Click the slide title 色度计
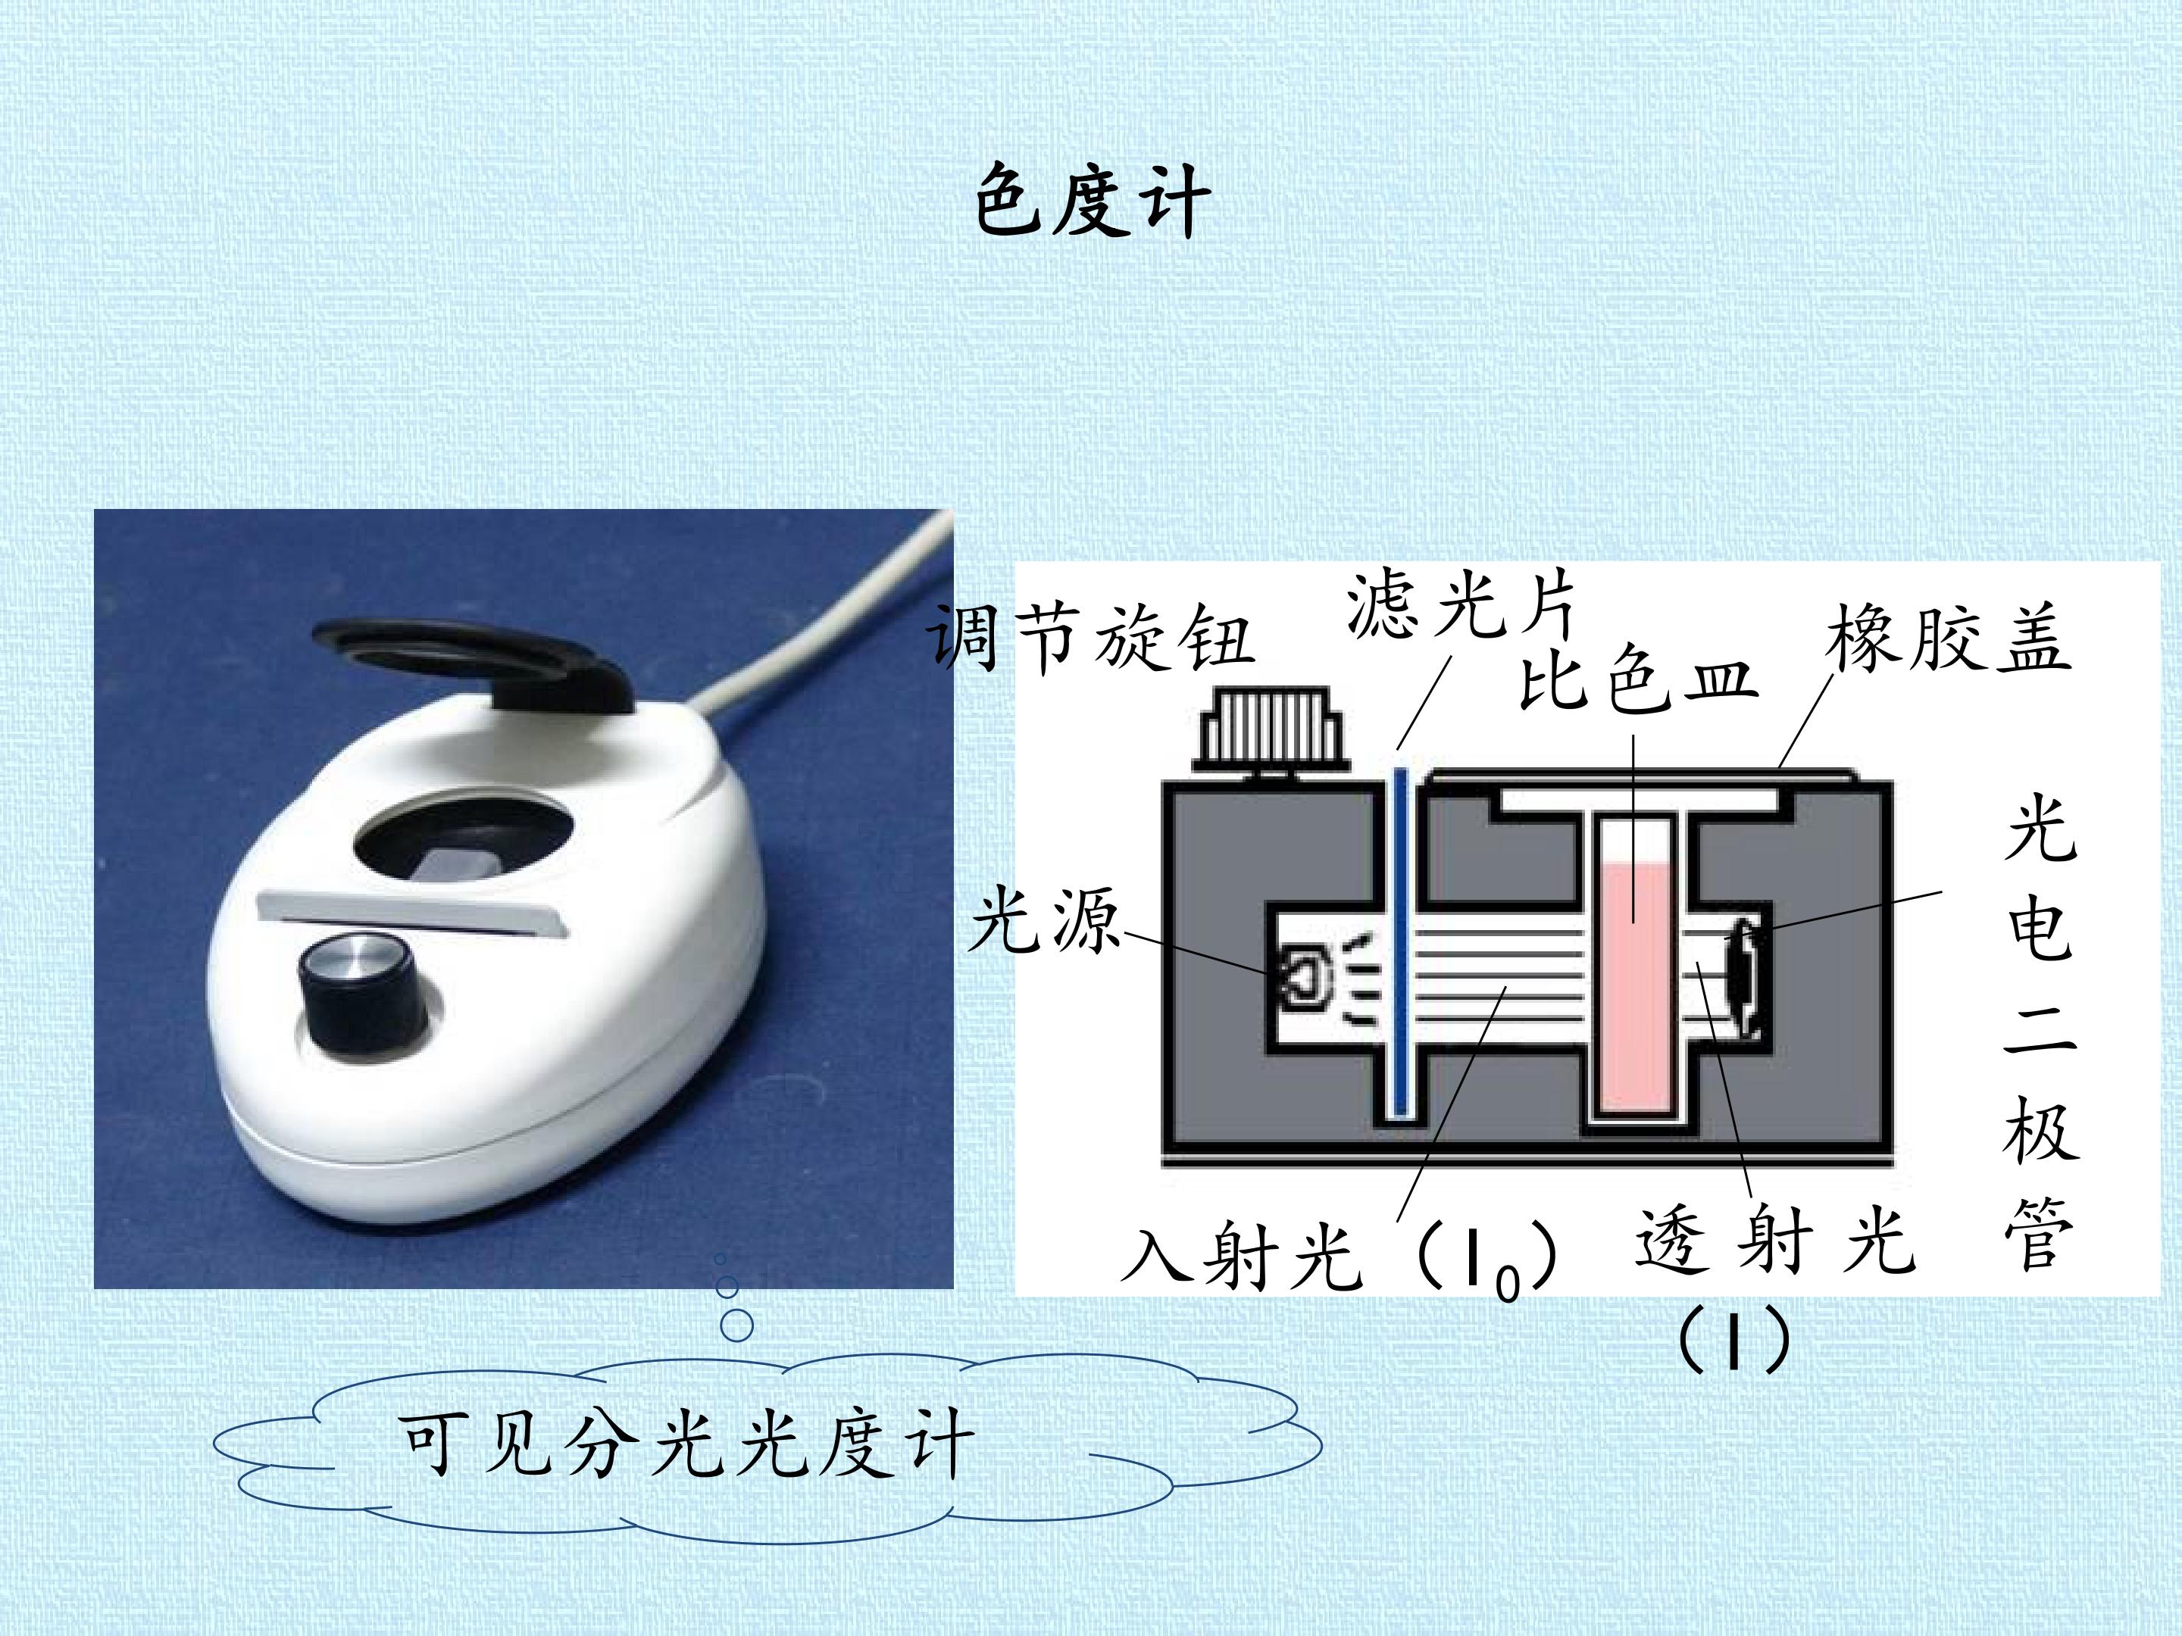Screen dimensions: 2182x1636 (1092, 202)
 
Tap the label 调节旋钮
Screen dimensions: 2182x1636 (1090, 639)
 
